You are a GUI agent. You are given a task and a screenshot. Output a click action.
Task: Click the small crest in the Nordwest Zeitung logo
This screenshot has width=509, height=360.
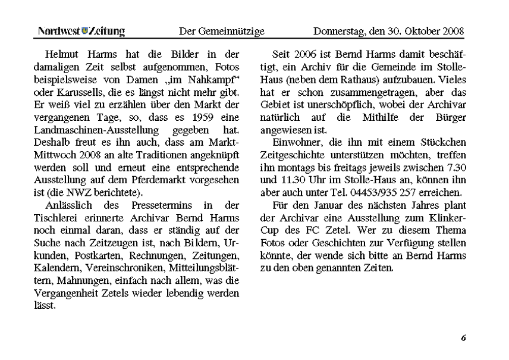pos(84,30)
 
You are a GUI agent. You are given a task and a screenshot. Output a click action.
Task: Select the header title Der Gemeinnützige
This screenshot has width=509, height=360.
pos(221,30)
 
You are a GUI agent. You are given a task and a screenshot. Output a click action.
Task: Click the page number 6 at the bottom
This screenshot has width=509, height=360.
pos(463,338)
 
